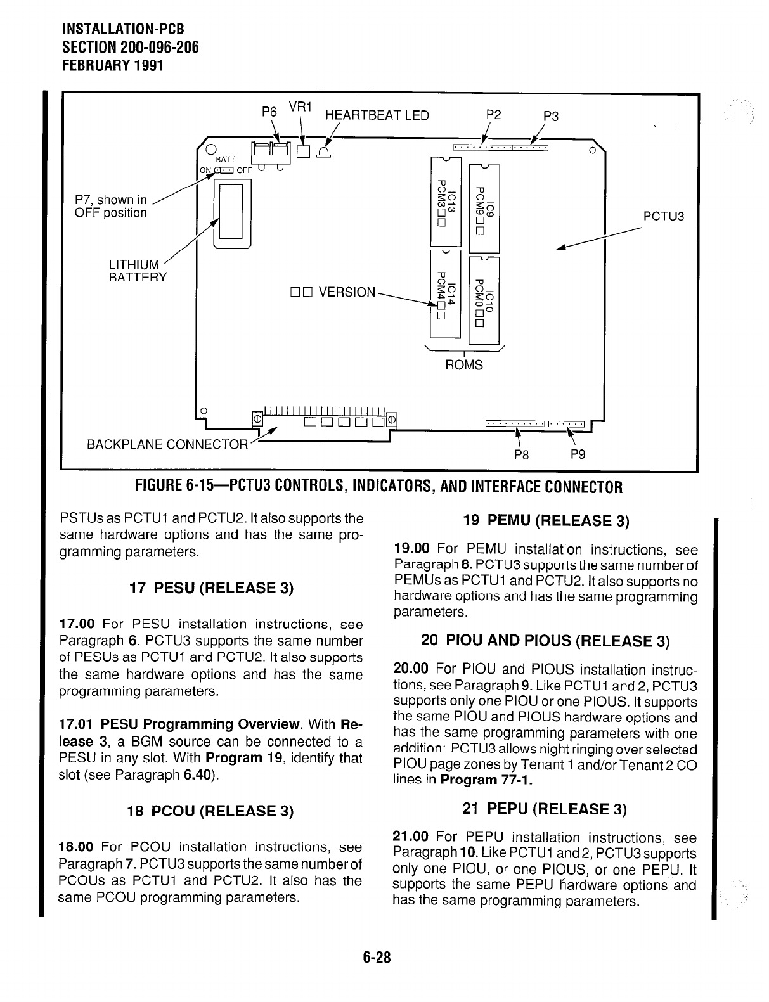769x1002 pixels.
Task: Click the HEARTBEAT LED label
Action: pos(377,115)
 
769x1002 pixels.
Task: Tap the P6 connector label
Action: pos(269,111)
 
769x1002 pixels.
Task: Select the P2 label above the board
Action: pos(493,115)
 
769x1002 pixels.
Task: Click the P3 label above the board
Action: pos(551,116)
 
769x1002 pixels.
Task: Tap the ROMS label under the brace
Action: pos(464,365)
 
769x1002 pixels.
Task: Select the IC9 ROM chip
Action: pos(484,207)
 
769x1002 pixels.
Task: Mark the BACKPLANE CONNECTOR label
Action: pos(167,444)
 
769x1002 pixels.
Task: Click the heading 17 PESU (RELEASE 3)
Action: pos(211,588)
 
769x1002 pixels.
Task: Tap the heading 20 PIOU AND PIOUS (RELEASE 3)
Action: pos(545,641)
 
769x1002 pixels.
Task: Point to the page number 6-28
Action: pos(378,958)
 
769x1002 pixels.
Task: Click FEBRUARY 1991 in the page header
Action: pos(113,65)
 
